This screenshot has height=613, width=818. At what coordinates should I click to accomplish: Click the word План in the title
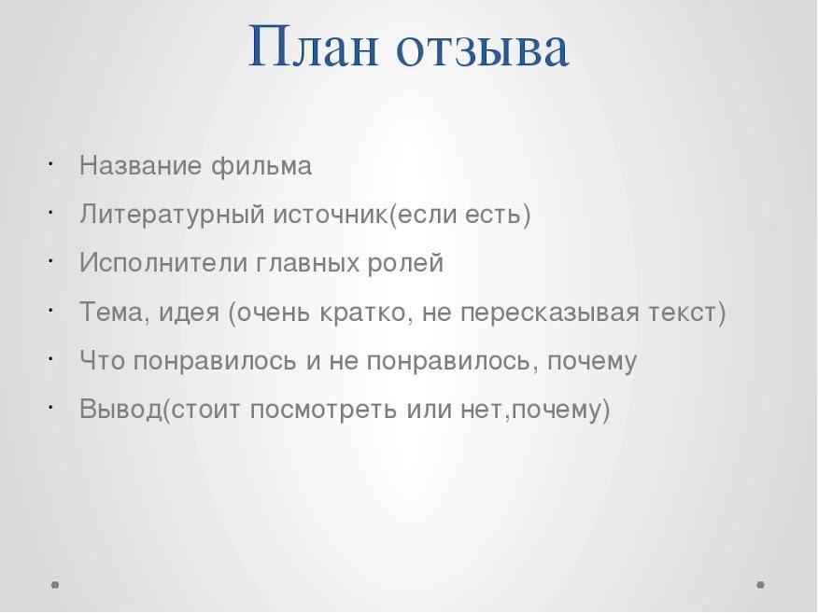(x=314, y=46)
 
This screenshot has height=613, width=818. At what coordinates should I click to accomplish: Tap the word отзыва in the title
(x=483, y=50)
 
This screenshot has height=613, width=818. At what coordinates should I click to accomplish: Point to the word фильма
(x=261, y=166)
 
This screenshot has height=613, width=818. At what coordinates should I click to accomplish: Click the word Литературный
(x=172, y=215)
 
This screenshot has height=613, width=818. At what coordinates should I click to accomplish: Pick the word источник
(x=331, y=215)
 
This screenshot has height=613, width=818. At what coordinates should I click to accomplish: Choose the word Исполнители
(x=163, y=263)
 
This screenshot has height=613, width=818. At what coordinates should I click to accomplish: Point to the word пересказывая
(x=550, y=313)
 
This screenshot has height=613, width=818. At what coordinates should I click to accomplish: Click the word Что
(x=103, y=359)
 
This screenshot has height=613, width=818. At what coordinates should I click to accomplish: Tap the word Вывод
(x=121, y=408)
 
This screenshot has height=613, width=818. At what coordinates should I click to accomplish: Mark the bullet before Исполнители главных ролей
(x=50, y=260)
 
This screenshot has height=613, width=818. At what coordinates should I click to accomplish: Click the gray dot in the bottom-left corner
(x=55, y=585)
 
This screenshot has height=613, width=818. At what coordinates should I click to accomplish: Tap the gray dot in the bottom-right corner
(x=761, y=585)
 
